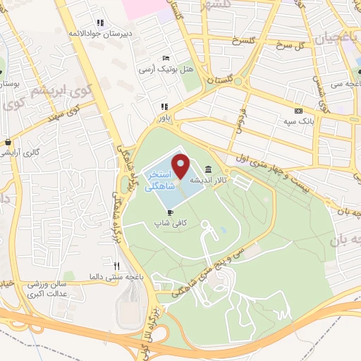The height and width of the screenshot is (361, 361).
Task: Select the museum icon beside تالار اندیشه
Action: (x=209, y=169)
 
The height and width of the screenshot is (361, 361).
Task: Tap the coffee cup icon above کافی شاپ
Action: (x=169, y=212)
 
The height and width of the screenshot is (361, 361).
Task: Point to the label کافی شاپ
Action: (x=169, y=222)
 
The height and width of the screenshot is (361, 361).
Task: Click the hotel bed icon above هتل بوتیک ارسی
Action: (x=165, y=58)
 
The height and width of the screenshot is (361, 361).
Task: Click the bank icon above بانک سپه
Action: (x=298, y=110)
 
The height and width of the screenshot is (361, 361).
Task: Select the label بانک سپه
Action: (x=299, y=121)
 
